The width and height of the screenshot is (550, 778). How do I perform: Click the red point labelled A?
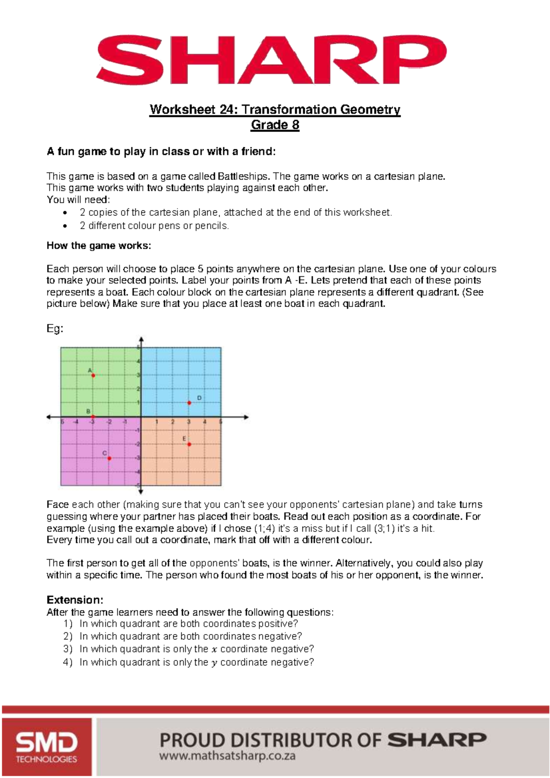(93, 376)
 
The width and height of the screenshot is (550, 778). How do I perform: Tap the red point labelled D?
(189, 403)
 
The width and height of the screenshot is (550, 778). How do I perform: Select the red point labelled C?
(109, 458)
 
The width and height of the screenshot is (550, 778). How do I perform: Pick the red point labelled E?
(189, 444)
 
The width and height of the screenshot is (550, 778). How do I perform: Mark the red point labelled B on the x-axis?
(93, 416)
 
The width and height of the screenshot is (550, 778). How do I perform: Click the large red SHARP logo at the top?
(271, 60)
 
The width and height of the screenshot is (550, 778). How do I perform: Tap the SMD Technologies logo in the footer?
(46, 747)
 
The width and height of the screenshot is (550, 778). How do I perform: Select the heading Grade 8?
(275, 125)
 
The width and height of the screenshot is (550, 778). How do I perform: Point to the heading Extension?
(75, 600)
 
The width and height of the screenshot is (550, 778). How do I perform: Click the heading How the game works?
(99, 246)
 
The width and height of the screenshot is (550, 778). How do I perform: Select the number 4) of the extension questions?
(68, 662)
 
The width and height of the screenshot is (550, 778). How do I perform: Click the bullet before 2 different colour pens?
(66, 226)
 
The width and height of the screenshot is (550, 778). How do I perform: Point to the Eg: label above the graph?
(55, 329)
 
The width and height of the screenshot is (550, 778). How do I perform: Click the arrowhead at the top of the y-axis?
(141, 340)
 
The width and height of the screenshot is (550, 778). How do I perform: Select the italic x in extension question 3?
(214, 649)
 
